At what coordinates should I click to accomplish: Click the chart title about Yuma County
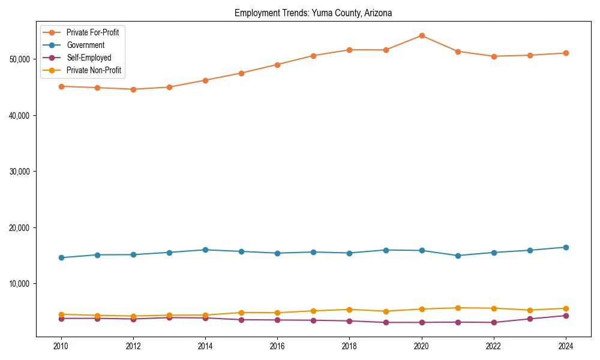point(313,13)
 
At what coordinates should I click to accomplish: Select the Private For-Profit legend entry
point(92,32)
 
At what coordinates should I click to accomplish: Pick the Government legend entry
point(85,45)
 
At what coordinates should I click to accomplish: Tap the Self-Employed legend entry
point(89,58)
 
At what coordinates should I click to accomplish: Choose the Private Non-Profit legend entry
point(94,71)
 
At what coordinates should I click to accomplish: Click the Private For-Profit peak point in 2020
point(422,35)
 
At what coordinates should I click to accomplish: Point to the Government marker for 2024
point(566,247)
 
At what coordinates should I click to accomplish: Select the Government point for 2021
point(458,256)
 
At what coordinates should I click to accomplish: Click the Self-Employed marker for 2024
point(566,316)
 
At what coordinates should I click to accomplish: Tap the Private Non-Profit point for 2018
point(350,310)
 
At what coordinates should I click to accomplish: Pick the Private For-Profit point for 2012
point(133,89)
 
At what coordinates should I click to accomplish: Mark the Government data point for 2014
point(205,250)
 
